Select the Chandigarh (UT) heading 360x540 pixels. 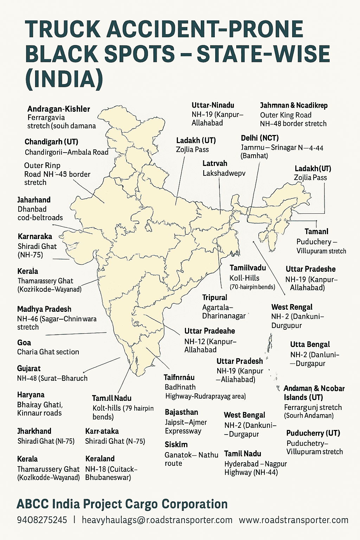tap(51, 142)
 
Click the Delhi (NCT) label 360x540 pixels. tap(260, 138)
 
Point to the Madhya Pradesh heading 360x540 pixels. tap(44, 309)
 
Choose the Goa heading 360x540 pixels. tap(24, 343)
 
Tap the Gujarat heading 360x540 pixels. tap(29, 369)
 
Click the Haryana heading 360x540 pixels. tap(31, 395)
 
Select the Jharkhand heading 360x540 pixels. tap(34, 431)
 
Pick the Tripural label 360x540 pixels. tap(215, 298)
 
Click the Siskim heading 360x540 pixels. tap(176, 445)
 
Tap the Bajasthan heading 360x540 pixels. tap(181, 412)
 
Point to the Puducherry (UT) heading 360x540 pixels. tap(313, 433)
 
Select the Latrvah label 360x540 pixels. tap(215, 163)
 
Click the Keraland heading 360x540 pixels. tap(100, 459)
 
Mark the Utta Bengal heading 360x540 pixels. tap(310, 345)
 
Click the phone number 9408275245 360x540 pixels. tap(42, 520)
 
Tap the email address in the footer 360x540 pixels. tap(157, 520)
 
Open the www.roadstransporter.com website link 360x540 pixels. tap(294, 520)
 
